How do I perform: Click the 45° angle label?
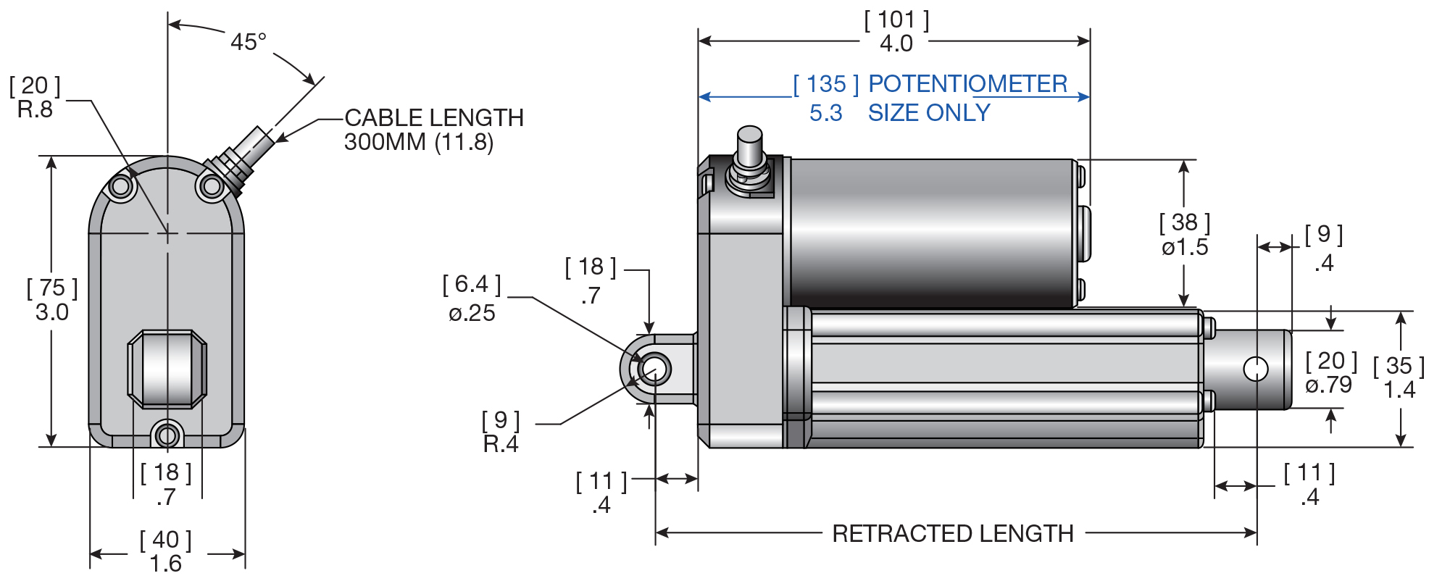(x=249, y=42)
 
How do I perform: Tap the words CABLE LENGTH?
(x=433, y=118)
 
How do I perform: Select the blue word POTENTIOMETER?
(x=967, y=84)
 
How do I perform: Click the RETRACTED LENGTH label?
(x=952, y=534)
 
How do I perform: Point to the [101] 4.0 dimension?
(x=896, y=32)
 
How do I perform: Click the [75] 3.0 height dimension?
(x=52, y=300)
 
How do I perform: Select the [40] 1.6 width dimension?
(x=166, y=551)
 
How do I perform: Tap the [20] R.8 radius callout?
(x=35, y=98)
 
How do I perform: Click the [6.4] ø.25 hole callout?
(x=472, y=298)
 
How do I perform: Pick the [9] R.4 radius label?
(x=501, y=432)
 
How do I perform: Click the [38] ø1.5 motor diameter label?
(x=1185, y=235)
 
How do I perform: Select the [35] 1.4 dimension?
(x=1399, y=377)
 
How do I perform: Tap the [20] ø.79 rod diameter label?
(x=1330, y=372)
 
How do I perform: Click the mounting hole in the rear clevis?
(x=654, y=369)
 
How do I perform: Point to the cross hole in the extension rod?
(x=1255, y=369)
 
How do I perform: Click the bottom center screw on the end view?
(x=167, y=435)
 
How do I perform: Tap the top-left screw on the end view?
(x=121, y=187)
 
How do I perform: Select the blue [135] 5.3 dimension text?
(x=826, y=99)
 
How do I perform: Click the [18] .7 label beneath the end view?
(x=166, y=485)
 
